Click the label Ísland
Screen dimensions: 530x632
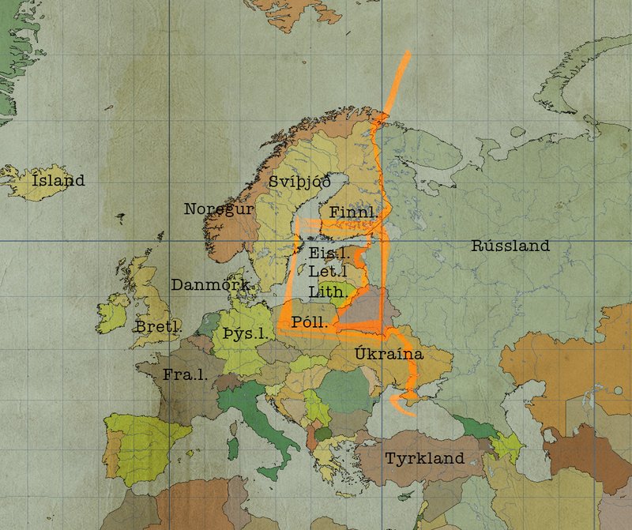pyautogui.click(x=58, y=181)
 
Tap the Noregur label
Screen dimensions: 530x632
pyautogui.click(x=219, y=209)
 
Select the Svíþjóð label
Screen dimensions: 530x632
pyautogui.click(x=299, y=182)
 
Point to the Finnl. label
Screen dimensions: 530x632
pyautogui.click(x=353, y=212)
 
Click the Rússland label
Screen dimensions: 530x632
pyautogui.click(x=510, y=246)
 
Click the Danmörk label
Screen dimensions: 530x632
pyautogui.click(x=212, y=284)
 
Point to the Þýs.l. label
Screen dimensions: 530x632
pyautogui.click(x=246, y=333)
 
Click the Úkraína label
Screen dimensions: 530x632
pyautogui.click(x=389, y=354)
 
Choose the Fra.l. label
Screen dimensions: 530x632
pyautogui.click(x=186, y=374)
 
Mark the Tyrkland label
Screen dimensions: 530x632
pyautogui.click(x=424, y=458)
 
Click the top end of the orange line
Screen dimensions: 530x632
pyautogui.click(x=408, y=53)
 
